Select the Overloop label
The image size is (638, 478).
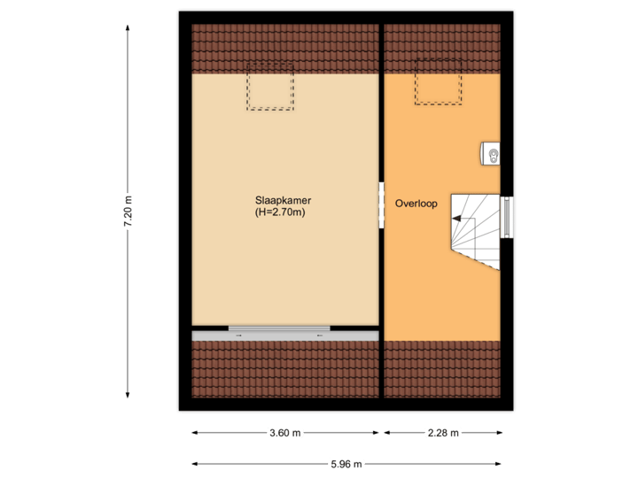[x=416, y=204]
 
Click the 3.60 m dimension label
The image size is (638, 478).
[x=285, y=433]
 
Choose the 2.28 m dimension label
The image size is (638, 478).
[x=443, y=433]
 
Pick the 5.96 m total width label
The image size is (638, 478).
[x=346, y=464]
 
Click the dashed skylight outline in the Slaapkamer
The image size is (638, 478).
[x=269, y=89]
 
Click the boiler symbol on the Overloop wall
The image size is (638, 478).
[x=492, y=154]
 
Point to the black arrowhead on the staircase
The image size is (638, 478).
[x=455, y=218]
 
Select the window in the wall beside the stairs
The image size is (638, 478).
[x=507, y=217]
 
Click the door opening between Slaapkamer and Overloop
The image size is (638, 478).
[x=382, y=204]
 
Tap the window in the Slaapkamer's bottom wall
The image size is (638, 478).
[x=279, y=328]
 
